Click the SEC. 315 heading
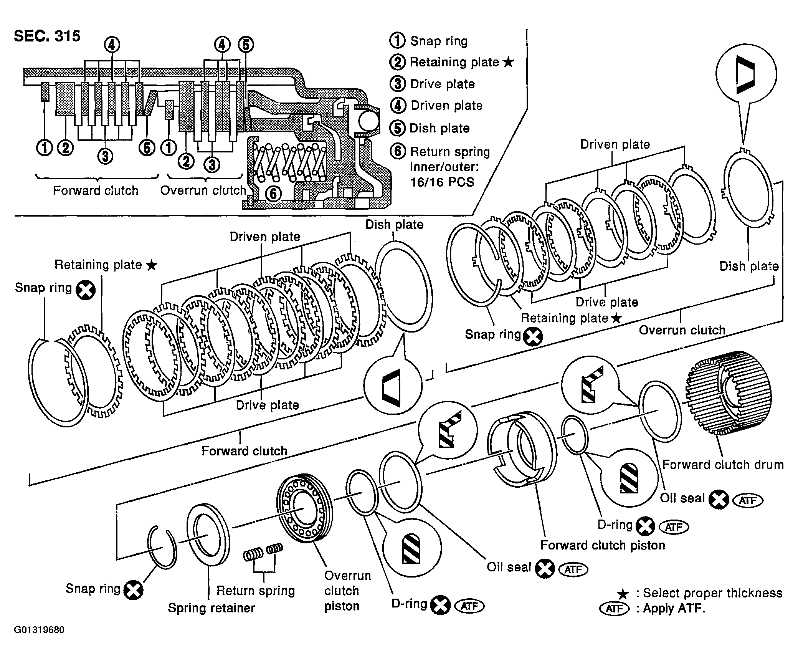[x=47, y=36]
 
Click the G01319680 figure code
[x=39, y=630]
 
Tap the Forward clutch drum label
[x=723, y=465]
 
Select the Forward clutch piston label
[x=603, y=545]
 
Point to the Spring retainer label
[x=211, y=608]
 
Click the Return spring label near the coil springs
[x=256, y=591]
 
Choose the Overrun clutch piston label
[x=347, y=591]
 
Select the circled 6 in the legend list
[x=398, y=151]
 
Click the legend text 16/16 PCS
[x=442, y=182]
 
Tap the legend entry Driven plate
[x=446, y=106]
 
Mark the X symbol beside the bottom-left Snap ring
[x=133, y=590]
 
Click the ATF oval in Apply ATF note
[x=615, y=609]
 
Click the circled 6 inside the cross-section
[x=273, y=194]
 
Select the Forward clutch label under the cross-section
[x=96, y=191]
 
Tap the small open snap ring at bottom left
[x=162, y=547]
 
